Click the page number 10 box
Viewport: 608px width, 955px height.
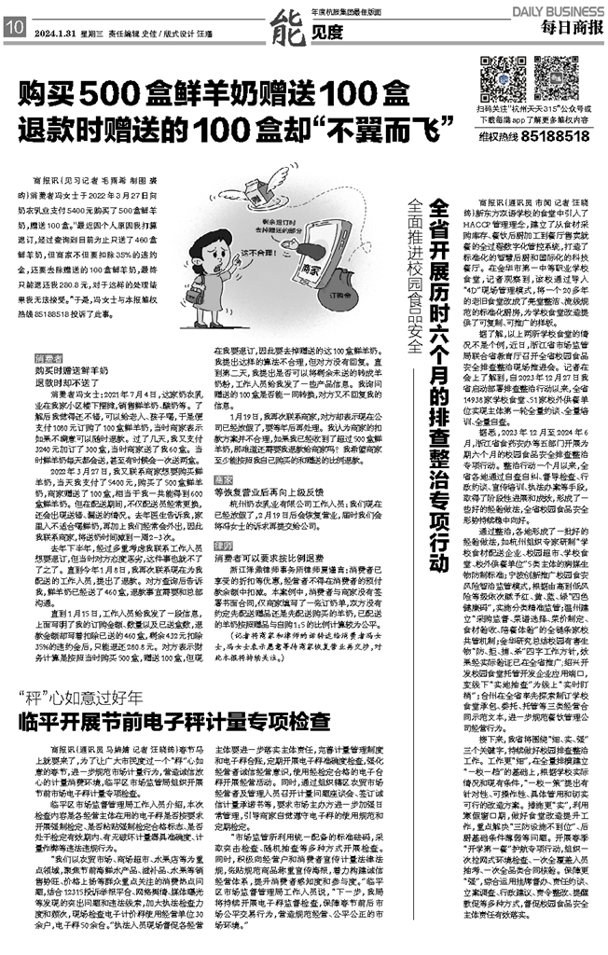point(15,28)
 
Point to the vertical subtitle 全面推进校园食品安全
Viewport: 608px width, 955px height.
point(414,288)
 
